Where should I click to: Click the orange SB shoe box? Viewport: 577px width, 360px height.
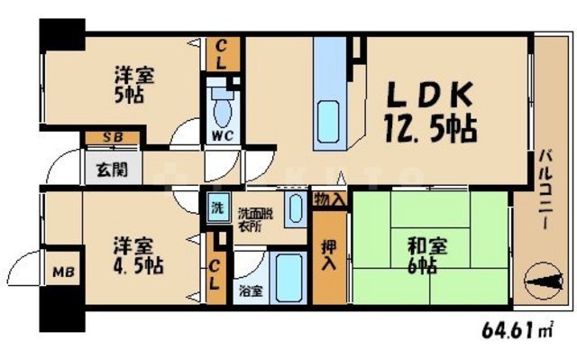coord(112,137)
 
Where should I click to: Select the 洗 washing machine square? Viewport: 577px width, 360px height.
coord(215,206)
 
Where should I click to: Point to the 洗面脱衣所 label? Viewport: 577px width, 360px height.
coord(253,218)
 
